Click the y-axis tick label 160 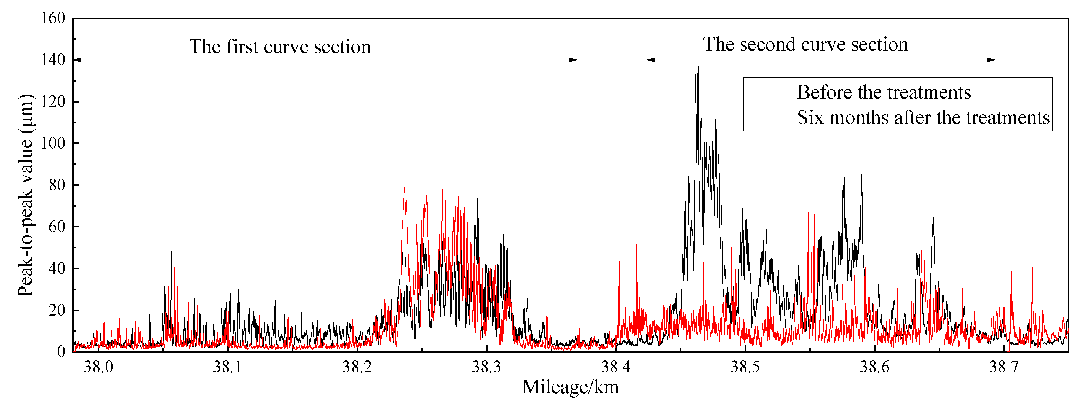53,18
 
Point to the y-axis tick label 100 53,143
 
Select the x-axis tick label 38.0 98,367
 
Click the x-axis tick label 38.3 487,367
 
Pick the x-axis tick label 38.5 745,367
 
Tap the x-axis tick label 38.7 1004,367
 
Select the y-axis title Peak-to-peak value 25,195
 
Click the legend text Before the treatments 884,92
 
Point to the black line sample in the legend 769,92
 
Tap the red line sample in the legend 769,117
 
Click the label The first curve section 280,47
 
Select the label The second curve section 805,44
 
